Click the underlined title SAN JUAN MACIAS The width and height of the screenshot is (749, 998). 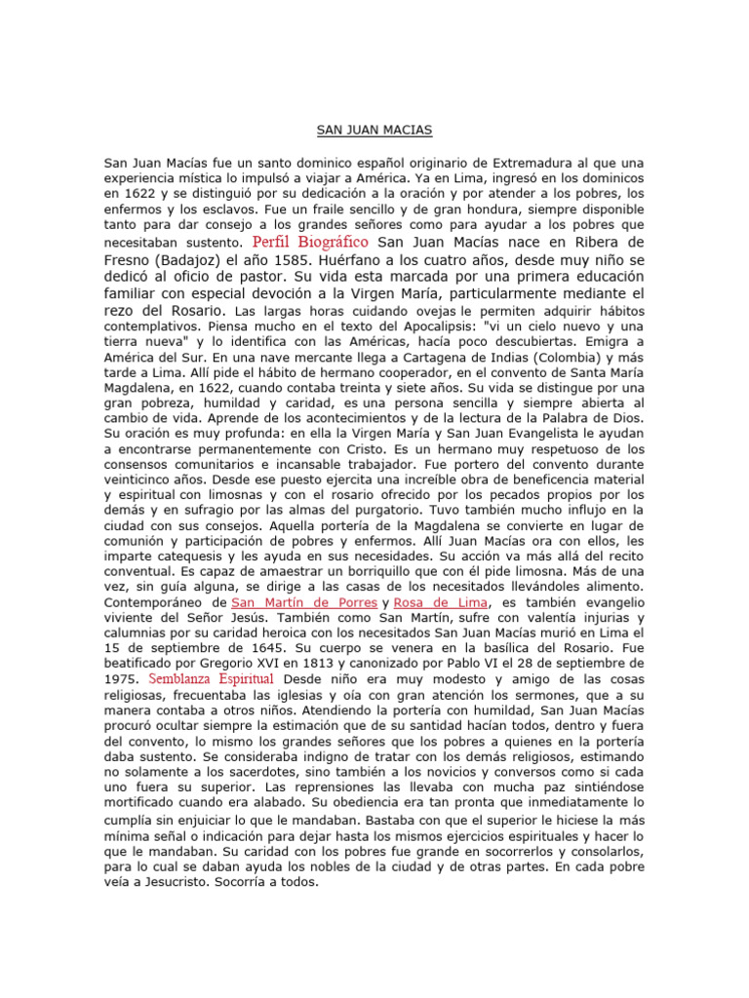tap(374, 129)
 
